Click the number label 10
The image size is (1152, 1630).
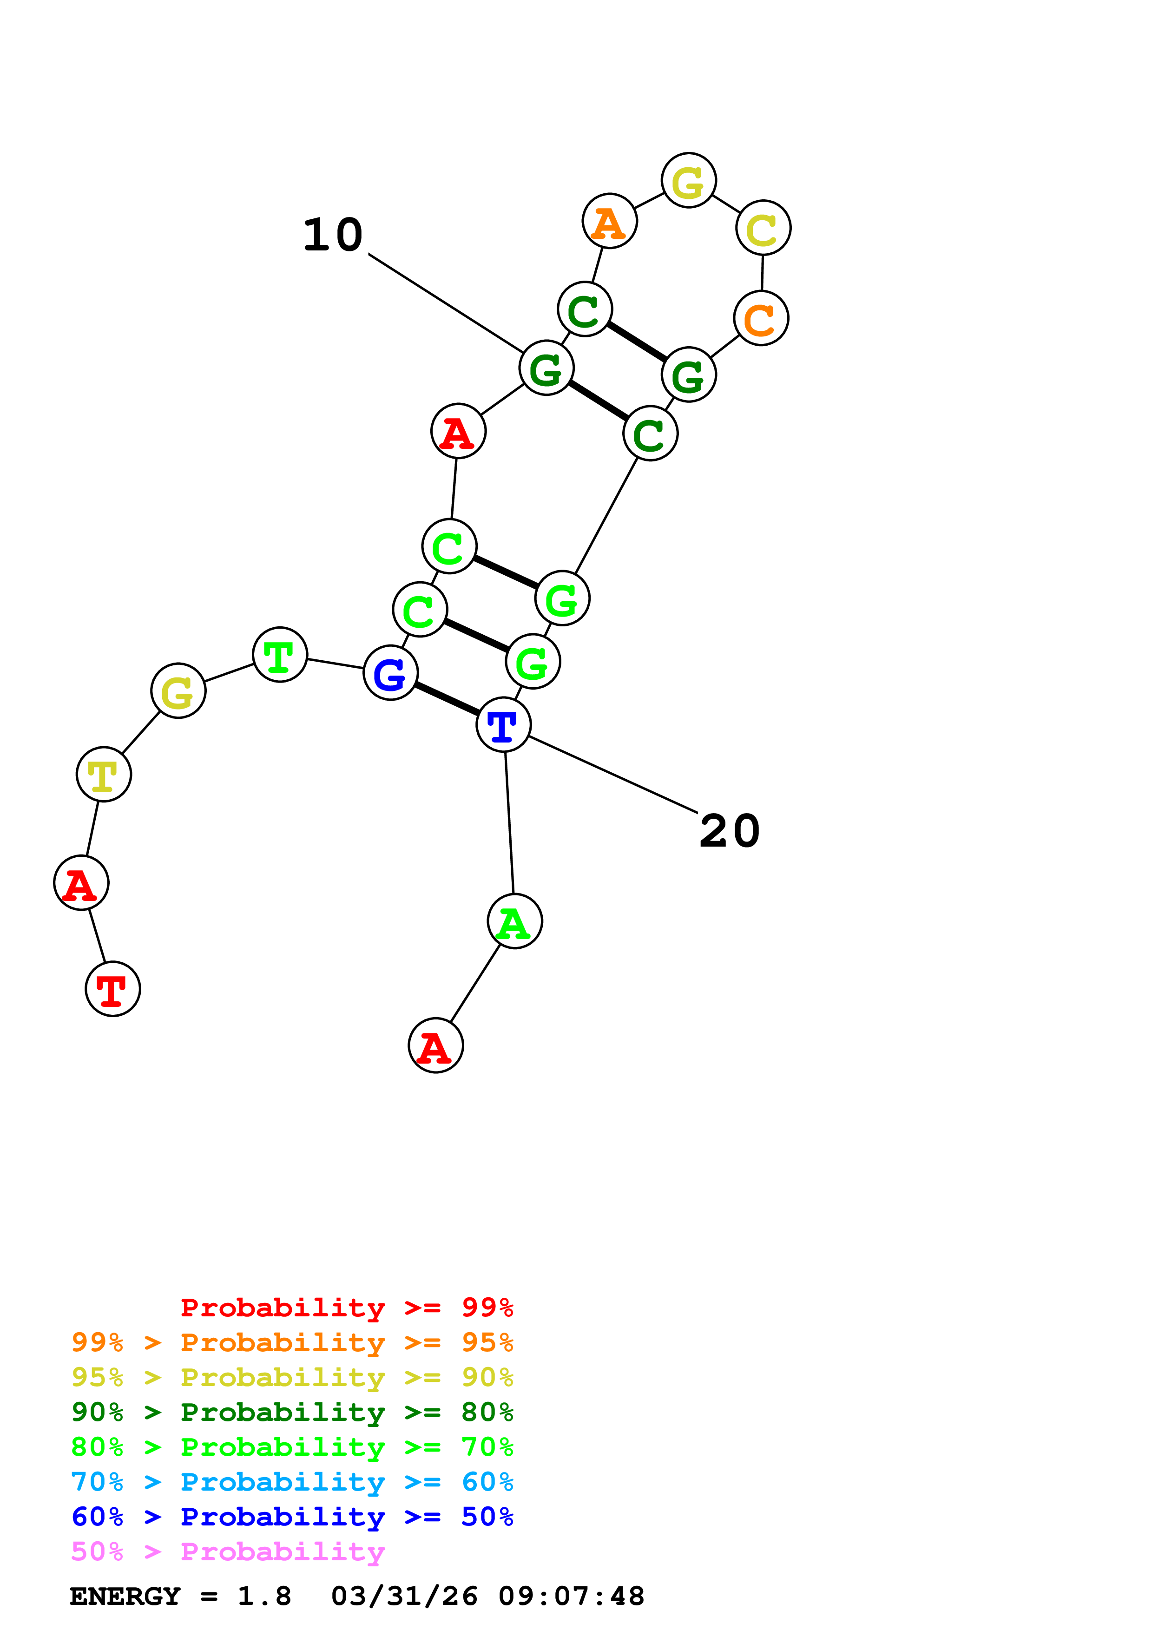[333, 235]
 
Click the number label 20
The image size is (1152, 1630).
[729, 831]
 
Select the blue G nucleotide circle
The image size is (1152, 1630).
[390, 672]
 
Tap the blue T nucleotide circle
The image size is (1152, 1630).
[503, 724]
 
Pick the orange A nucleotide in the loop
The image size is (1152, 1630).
[609, 222]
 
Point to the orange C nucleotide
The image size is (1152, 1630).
[761, 319]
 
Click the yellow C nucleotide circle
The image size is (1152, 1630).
[763, 228]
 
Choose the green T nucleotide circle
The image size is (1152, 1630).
[280, 655]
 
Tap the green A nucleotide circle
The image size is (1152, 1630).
[514, 921]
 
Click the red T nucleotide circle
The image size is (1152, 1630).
[113, 989]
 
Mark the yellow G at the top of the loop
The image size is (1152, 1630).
[689, 180]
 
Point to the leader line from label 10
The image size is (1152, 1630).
[446, 303]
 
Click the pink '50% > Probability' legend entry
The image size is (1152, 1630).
[228, 1552]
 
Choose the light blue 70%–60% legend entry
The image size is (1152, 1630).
[292, 1482]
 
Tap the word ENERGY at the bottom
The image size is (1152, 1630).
[125, 1597]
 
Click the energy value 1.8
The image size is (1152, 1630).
[264, 1597]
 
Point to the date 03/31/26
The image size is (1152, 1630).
[404, 1597]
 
